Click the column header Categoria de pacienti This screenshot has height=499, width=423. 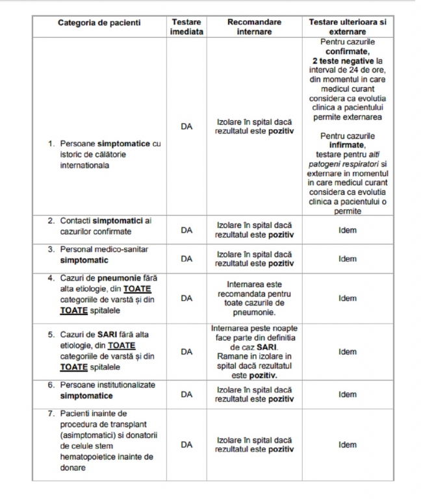[99, 22]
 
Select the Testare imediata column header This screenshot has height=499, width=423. [186, 27]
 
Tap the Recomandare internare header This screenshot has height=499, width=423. [254, 27]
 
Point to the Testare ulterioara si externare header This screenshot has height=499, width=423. [347, 27]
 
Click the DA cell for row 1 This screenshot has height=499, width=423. [186, 127]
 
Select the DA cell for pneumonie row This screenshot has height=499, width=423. [186, 298]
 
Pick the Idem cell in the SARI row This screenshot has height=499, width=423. [347, 352]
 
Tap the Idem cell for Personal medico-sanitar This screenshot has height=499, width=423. [347, 259]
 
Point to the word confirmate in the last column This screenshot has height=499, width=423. [348, 51]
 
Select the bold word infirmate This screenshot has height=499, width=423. [348, 145]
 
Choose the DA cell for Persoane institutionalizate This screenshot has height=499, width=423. [186, 394]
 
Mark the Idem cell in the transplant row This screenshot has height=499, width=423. [347, 445]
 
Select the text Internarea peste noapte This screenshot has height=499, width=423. [254, 329]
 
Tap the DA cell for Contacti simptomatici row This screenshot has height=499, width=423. [186, 230]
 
